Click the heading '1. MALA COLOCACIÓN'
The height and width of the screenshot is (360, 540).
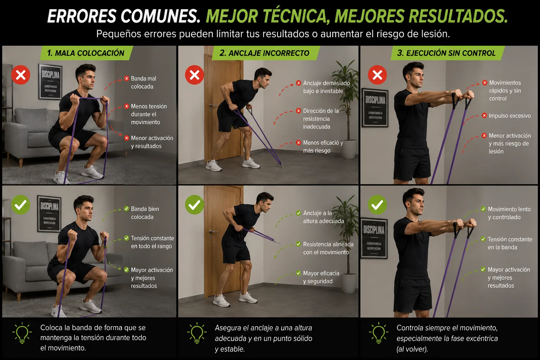85,53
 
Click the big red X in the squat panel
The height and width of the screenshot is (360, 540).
21,75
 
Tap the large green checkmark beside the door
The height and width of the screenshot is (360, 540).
194,205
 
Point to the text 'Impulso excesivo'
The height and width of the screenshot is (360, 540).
510,116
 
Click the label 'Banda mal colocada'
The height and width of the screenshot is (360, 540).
143,83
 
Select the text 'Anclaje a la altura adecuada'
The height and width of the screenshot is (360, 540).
323,217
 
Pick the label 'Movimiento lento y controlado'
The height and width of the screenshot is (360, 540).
509,213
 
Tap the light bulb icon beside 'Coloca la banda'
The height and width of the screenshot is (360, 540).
22,333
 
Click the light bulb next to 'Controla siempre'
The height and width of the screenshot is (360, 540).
379,333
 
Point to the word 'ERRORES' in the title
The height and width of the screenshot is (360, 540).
82,17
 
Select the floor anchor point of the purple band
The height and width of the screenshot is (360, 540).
281,165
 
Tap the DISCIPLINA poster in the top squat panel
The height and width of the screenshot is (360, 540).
50,82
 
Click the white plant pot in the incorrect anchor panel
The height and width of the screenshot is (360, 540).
349,149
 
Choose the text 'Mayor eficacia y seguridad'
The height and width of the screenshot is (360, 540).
321,277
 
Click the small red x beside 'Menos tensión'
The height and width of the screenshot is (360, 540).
127,106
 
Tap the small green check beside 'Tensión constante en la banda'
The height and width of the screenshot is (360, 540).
483,239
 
